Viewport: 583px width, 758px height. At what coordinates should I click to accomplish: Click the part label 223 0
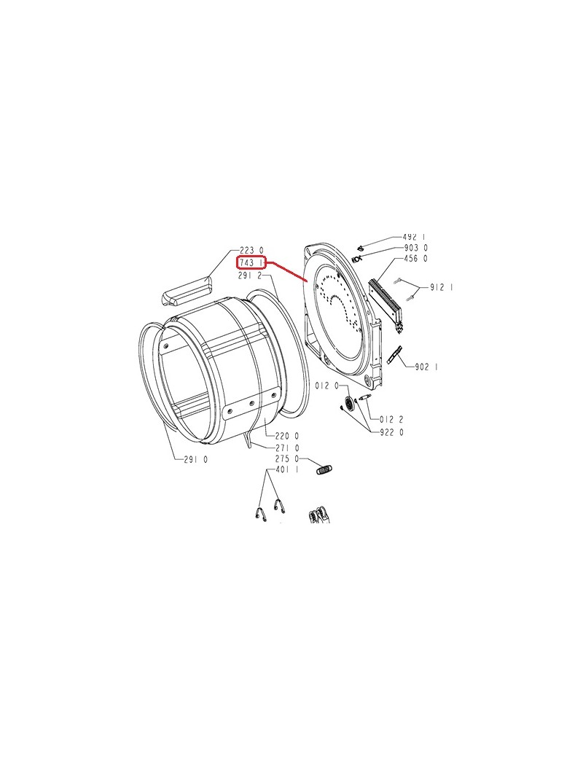pyautogui.click(x=252, y=251)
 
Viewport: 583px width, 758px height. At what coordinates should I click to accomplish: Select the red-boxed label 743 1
pyautogui.click(x=251, y=263)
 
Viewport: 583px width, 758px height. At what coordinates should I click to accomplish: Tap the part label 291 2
pyautogui.click(x=250, y=276)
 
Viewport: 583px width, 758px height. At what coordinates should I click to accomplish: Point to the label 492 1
pyautogui.click(x=414, y=238)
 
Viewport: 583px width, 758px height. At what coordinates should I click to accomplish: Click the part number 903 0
pyautogui.click(x=415, y=248)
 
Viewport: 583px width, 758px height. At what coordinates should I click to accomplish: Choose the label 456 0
pyautogui.click(x=415, y=259)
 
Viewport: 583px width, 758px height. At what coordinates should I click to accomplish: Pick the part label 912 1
pyautogui.click(x=442, y=288)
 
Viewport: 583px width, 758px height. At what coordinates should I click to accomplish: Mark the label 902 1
pyautogui.click(x=426, y=367)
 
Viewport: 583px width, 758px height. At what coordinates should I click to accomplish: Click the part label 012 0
pyautogui.click(x=326, y=386)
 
